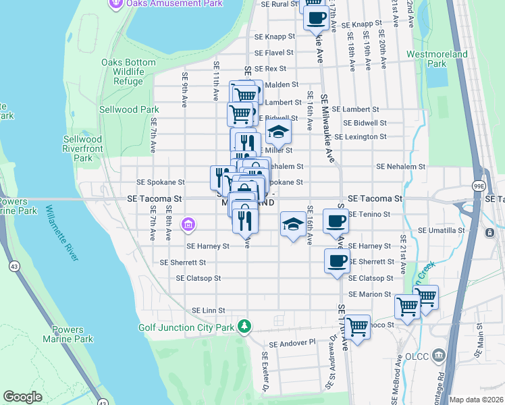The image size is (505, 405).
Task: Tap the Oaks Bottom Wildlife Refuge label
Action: (x=128, y=72)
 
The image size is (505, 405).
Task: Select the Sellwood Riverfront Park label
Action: (x=82, y=148)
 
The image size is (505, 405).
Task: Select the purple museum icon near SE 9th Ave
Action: (x=188, y=223)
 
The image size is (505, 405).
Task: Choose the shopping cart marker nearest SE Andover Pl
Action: (x=357, y=327)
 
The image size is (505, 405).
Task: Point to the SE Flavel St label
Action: (x=273, y=52)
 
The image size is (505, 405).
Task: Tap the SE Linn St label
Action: (x=203, y=310)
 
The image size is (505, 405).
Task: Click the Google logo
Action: (x=22, y=397)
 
